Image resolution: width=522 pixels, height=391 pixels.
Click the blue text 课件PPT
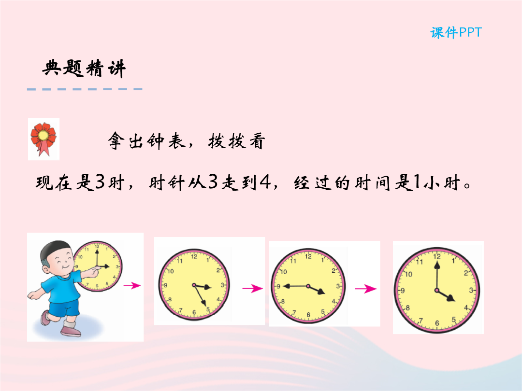tap(456, 33)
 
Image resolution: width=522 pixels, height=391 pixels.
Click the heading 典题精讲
tap(84, 69)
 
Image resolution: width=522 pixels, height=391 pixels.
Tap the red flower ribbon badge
tap(43, 139)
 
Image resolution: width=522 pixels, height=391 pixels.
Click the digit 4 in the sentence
tap(265, 182)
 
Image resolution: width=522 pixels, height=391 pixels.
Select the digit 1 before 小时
tap(417, 182)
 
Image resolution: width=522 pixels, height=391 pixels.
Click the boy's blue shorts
tap(64, 307)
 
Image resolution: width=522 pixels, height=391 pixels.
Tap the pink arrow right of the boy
tap(132, 285)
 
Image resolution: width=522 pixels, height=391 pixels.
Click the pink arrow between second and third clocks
tap(252, 288)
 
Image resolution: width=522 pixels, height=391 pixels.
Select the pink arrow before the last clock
tap(365, 289)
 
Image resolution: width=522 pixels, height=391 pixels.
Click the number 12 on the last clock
tap(437, 256)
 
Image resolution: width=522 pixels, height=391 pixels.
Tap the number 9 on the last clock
tap(403, 291)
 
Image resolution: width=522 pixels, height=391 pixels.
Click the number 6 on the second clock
tap(194, 312)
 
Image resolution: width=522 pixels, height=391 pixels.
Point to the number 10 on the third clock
tap(284, 272)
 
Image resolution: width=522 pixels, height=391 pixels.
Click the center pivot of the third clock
tap(308, 286)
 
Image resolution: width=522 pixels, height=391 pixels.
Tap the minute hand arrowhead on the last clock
tap(437, 265)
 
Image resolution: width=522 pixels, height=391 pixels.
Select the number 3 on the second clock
tap(222, 285)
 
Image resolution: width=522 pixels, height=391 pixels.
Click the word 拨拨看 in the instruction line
tap(237, 141)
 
